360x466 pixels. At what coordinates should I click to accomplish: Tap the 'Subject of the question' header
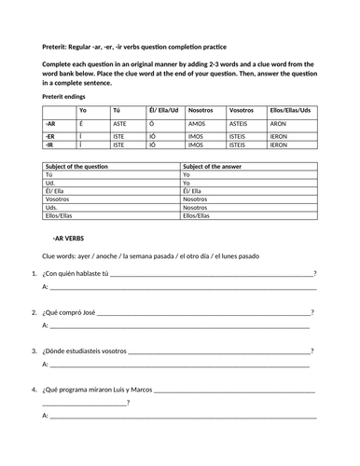click(76, 165)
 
